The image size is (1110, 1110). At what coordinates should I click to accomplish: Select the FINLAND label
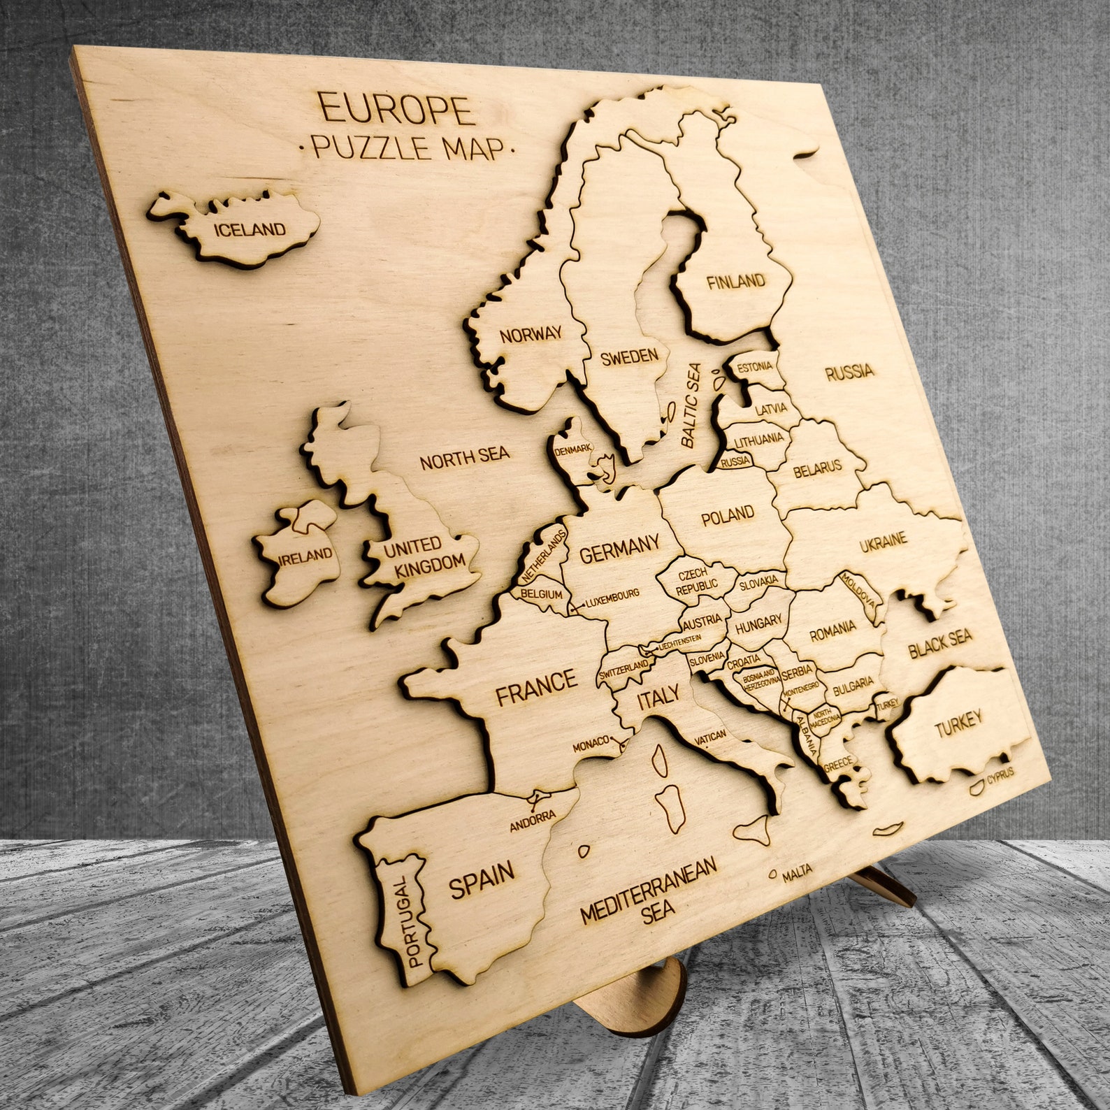(x=735, y=282)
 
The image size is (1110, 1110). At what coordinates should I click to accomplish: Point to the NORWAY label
(x=531, y=334)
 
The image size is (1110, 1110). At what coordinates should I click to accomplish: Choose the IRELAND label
(x=305, y=556)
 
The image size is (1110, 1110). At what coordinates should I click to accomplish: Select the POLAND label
(x=728, y=516)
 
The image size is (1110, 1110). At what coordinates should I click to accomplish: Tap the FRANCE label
(x=536, y=686)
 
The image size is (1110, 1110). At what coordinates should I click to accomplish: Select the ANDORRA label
(x=532, y=820)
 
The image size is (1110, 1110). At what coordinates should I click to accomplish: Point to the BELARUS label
(x=817, y=468)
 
